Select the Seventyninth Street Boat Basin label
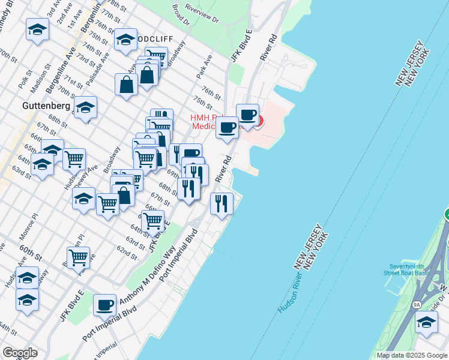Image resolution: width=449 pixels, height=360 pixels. [408, 269]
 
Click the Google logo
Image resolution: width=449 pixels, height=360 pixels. [20, 353]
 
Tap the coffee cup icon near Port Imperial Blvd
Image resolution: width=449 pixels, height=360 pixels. [105, 305]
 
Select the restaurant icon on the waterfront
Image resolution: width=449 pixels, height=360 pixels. [221, 204]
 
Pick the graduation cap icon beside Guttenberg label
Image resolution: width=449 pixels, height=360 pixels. [86, 107]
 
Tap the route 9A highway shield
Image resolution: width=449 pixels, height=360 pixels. [417, 304]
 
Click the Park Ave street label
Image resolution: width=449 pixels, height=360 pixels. [203, 67]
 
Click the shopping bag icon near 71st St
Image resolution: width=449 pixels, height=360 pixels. [128, 85]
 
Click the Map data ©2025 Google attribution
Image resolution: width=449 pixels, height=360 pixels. [412, 355]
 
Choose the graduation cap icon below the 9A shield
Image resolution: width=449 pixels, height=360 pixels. [426, 323]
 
